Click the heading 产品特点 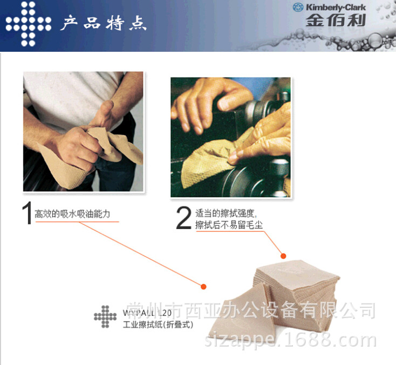[103, 24]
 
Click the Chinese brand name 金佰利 [335, 21]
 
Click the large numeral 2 [184, 217]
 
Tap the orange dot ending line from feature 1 [204, 286]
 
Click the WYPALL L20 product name [147, 313]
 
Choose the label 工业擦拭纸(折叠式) [157, 325]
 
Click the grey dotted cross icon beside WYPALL [105, 316]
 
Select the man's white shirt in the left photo [70, 94]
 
